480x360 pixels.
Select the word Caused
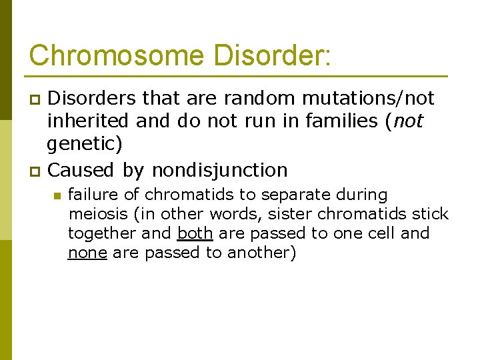coord(83,171)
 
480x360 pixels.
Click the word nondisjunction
coord(220,171)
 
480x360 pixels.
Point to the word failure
coord(94,195)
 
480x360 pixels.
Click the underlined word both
coord(195,234)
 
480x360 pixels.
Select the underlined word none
coord(87,253)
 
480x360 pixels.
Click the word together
coord(100,234)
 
